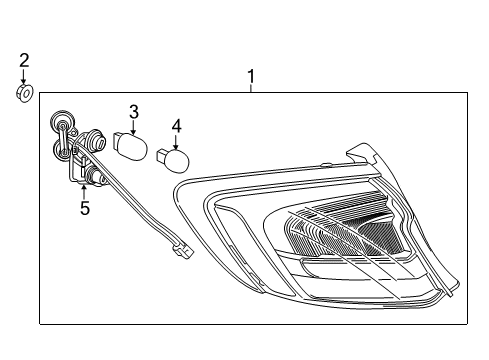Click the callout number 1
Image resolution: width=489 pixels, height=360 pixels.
pos(251,75)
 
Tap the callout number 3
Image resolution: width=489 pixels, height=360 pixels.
pos(133,112)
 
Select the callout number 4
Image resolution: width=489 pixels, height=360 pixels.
pos(177,127)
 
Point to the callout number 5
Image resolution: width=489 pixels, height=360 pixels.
pos(85,209)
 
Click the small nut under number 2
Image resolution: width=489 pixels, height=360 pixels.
pos(24,93)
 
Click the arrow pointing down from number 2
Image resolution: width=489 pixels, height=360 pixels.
pos(24,77)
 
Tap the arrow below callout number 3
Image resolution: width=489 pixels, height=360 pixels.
pos(133,127)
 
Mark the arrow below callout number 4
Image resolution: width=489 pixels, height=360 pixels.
pos(177,141)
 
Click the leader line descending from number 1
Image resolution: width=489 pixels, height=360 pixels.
pos(251,87)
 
